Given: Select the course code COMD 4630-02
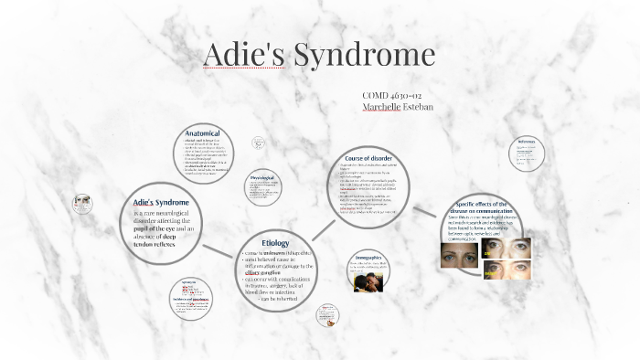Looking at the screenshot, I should tap(391, 94).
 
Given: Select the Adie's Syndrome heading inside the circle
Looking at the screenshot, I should tap(161, 201).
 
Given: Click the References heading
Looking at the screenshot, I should tap(526, 141).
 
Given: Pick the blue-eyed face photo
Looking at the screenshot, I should tap(458, 254).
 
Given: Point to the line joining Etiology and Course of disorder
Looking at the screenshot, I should tap(318, 217).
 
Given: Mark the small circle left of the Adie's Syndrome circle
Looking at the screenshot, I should tap(82, 203).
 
